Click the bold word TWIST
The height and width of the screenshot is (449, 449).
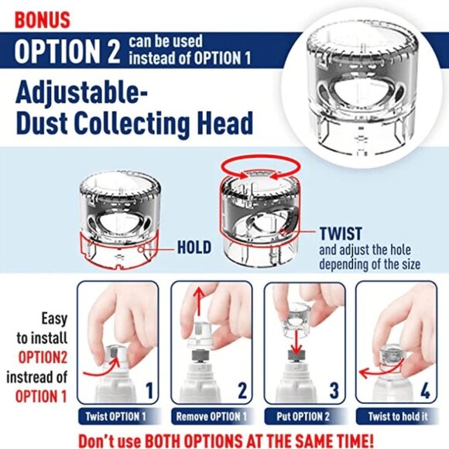(341, 232)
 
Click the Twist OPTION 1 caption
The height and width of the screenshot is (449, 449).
(117, 416)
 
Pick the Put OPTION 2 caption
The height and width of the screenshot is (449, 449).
(302, 416)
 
